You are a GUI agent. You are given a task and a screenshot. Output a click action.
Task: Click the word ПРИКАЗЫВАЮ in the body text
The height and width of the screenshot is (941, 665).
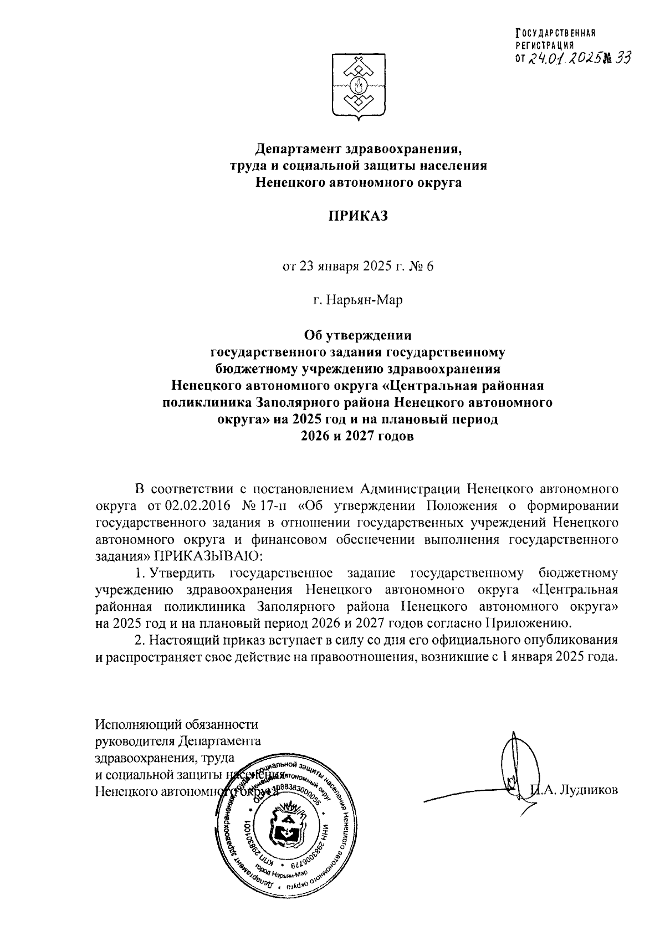pos(206,554)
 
